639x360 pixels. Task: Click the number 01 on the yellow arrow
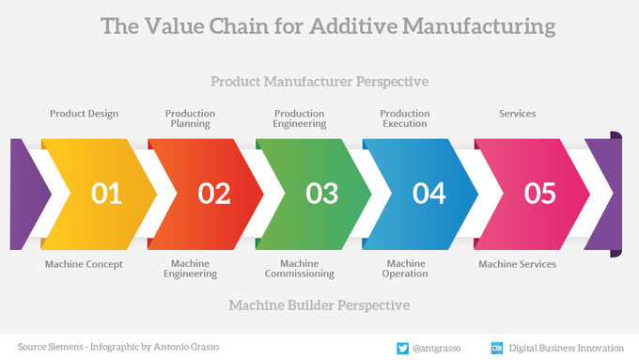106,194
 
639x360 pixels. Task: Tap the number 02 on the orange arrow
214,194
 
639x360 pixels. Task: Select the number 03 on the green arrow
321,194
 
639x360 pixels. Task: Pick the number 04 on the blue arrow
429,194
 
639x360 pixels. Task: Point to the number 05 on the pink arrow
539,194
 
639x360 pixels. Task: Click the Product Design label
84,114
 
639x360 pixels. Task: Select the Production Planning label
191,118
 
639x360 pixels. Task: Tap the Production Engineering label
300,118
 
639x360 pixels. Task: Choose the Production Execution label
405,118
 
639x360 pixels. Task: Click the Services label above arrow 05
517,114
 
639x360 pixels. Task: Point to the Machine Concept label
84,264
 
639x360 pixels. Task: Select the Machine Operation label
405,269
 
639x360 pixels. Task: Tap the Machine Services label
517,264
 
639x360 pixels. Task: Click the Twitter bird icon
402,347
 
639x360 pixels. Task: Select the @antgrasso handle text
437,347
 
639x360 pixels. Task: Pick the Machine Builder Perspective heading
319,305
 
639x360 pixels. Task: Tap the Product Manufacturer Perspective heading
319,82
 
